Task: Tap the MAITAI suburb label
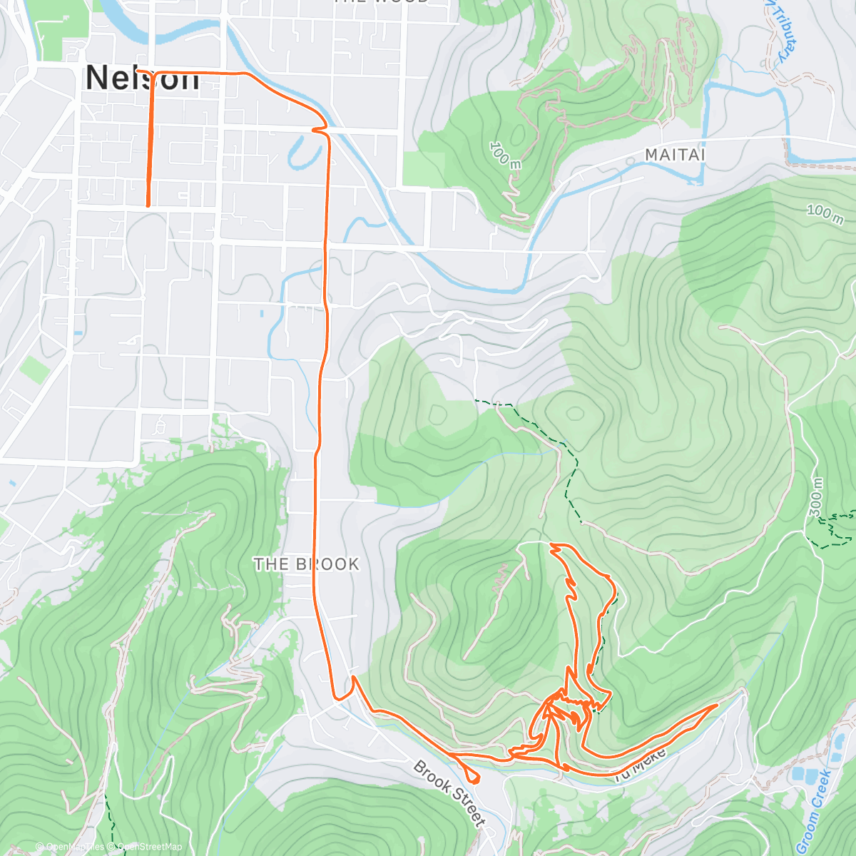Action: (675, 154)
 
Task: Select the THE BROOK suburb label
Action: (307, 564)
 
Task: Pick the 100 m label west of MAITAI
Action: (505, 155)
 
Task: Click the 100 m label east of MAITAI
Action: (825, 212)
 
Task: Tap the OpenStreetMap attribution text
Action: (149, 847)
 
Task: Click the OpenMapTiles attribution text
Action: (75, 847)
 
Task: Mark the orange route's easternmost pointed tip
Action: (717, 705)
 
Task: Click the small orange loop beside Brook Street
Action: (471, 775)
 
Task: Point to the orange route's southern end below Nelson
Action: (148, 205)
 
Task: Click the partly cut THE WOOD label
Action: (382, 2)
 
